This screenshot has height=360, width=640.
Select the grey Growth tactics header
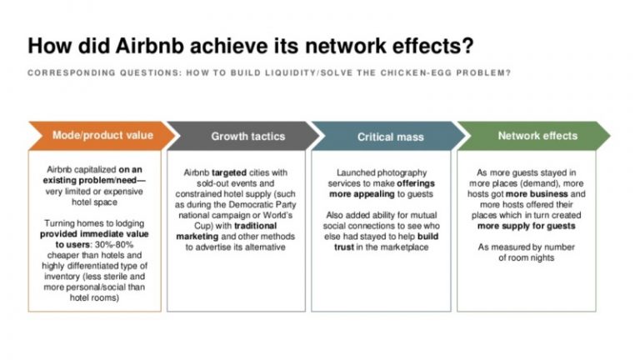[x=247, y=136]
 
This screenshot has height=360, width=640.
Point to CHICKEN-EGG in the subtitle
[x=432, y=72]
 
